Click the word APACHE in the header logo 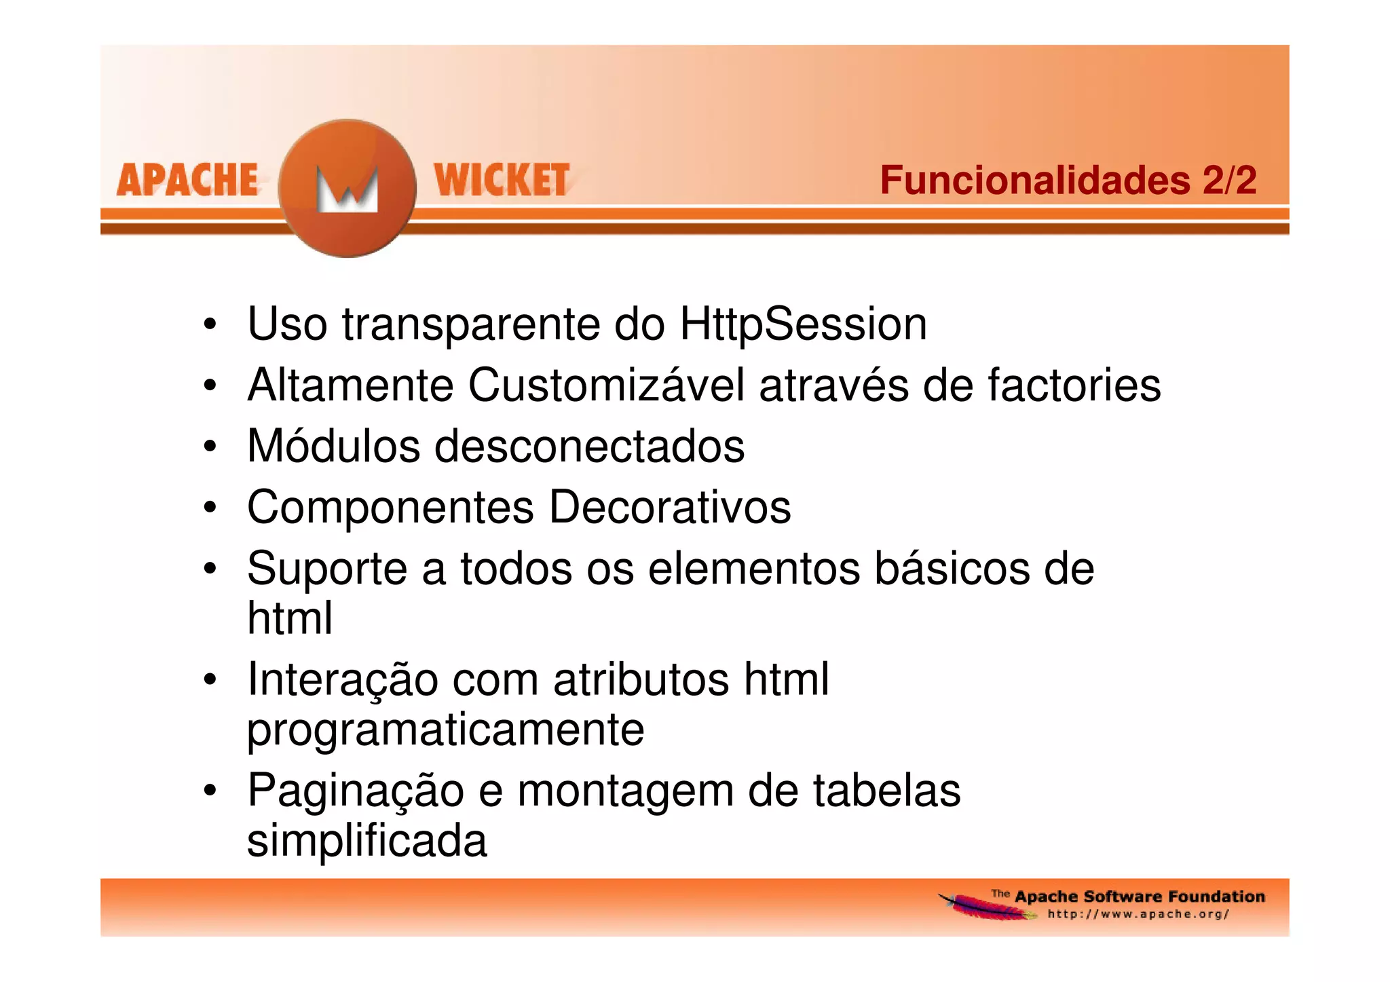[187, 181]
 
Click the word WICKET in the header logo [502, 181]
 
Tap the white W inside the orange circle [347, 190]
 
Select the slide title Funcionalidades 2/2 [1068, 181]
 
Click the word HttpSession [803, 324]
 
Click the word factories [1074, 385]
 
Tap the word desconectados [589, 447]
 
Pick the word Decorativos [670, 508]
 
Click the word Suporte [327, 569]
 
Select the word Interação [342, 679]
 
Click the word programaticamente [445, 730]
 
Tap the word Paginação [355, 791]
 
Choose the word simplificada [367, 841]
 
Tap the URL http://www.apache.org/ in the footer [1138, 914]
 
